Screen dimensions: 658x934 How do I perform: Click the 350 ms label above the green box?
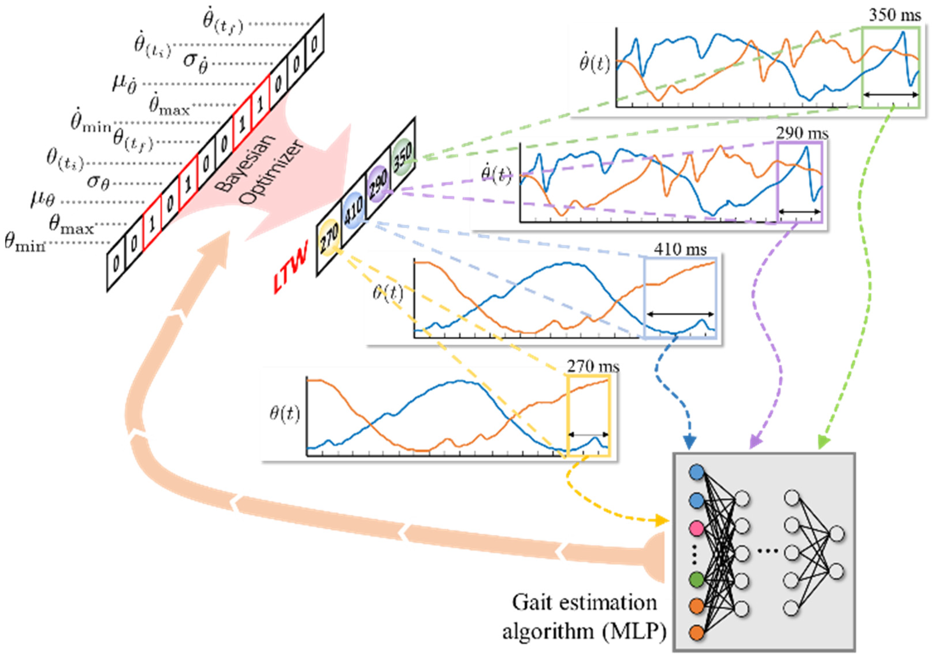[894, 16]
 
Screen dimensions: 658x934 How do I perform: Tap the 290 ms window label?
[802, 133]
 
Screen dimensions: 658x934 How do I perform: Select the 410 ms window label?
[680, 249]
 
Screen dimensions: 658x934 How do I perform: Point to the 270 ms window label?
[593, 367]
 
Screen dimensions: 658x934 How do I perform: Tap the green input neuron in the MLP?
[697, 579]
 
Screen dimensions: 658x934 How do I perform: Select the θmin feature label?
[24, 243]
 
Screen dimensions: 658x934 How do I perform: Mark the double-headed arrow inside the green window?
[890, 95]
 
